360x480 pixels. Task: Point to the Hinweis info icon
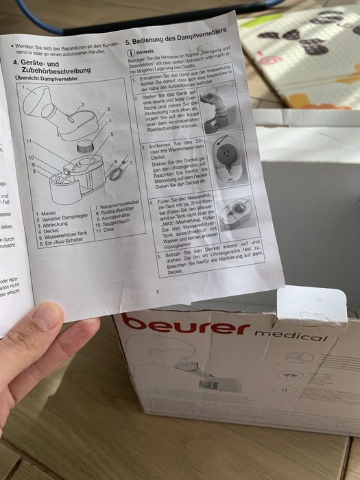coord(130,52)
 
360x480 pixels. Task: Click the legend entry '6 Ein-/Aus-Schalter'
coord(61,242)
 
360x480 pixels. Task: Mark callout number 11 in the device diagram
coord(29,141)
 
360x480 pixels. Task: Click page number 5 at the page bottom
coord(157,292)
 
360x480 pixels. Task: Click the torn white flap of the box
coord(312,302)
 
